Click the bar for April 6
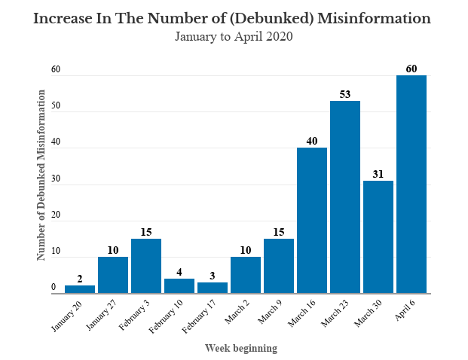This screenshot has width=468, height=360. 411,185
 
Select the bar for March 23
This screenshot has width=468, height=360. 345,197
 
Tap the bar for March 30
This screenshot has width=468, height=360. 378,237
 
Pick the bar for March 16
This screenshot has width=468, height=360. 312,221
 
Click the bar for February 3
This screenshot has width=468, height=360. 146,266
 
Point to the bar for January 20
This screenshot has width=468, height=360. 80,289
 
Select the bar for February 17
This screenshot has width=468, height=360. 213,288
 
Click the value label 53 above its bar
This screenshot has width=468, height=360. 345,94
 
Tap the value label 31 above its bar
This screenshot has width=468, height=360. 378,174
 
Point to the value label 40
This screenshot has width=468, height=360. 312,141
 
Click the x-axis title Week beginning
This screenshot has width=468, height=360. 241,348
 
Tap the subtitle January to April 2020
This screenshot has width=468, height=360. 233,35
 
